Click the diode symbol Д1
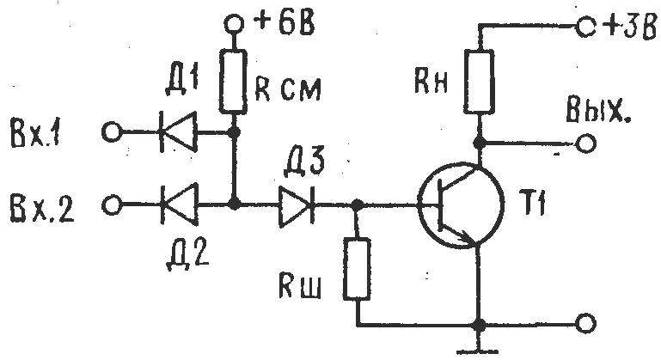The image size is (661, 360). click(x=178, y=132)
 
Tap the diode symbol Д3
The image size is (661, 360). click(x=297, y=205)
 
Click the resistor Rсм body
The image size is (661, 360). click(x=233, y=81)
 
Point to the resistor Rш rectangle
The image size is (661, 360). click(x=356, y=269)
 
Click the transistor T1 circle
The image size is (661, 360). click(x=461, y=204)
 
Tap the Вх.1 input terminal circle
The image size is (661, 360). click(x=112, y=132)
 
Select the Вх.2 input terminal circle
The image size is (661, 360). click(x=112, y=205)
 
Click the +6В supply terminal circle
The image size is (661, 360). click(x=234, y=24)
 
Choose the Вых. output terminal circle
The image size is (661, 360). click(x=585, y=143)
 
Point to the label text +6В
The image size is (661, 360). click(x=285, y=22)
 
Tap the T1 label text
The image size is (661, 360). click(x=535, y=206)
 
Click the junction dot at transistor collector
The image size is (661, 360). click(x=479, y=143)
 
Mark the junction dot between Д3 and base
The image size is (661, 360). click(x=357, y=205)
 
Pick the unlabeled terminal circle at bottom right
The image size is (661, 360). click(x=585, y=324)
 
